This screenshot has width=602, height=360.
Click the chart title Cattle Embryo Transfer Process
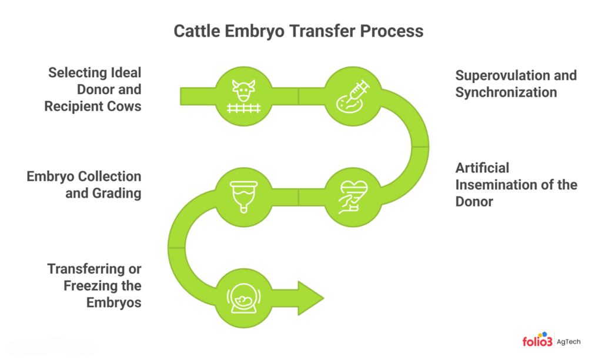pos(298,31)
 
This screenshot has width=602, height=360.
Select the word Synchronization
pos(506,92)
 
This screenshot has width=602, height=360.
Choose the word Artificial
pos(482,168)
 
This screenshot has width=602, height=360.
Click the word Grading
pos(116,193)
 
